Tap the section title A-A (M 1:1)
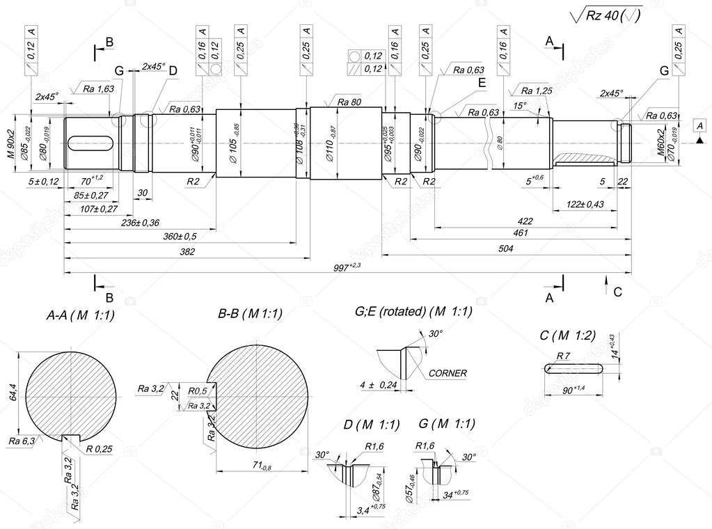80,315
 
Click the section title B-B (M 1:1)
250,314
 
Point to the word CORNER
448,373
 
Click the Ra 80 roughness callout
349,102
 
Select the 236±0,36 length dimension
140,222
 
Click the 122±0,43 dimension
585,204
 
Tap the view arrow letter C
618,292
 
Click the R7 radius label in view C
563,356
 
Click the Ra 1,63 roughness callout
98,89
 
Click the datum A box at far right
698,125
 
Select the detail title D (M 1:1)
371,424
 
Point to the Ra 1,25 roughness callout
537,91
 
